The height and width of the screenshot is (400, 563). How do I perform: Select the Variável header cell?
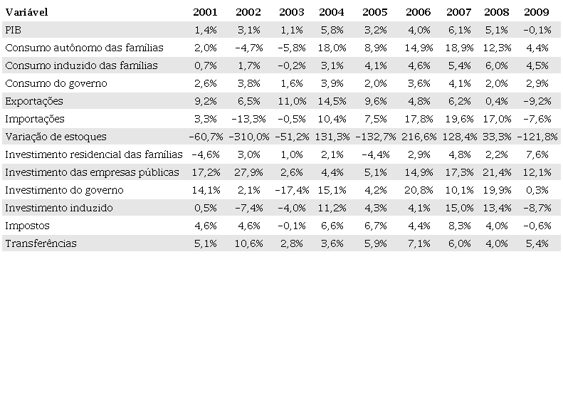point(26,12)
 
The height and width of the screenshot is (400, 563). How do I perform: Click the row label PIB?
point(13,30)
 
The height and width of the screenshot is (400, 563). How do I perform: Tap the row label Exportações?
point(34,101)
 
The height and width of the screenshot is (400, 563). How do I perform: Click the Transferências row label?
point(41,243)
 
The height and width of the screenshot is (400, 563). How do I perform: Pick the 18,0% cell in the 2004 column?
point(332,48)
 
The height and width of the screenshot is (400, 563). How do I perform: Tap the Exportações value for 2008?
point(496,101)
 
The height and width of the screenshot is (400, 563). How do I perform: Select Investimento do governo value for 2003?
point(290,190)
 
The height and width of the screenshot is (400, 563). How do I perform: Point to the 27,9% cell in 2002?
point(249,172)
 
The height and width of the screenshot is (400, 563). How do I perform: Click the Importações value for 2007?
point(458,119)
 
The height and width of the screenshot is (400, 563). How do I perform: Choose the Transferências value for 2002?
point(249,243)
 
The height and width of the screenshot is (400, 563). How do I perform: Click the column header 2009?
point(535,12)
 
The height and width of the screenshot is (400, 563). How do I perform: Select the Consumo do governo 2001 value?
point(205,83)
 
